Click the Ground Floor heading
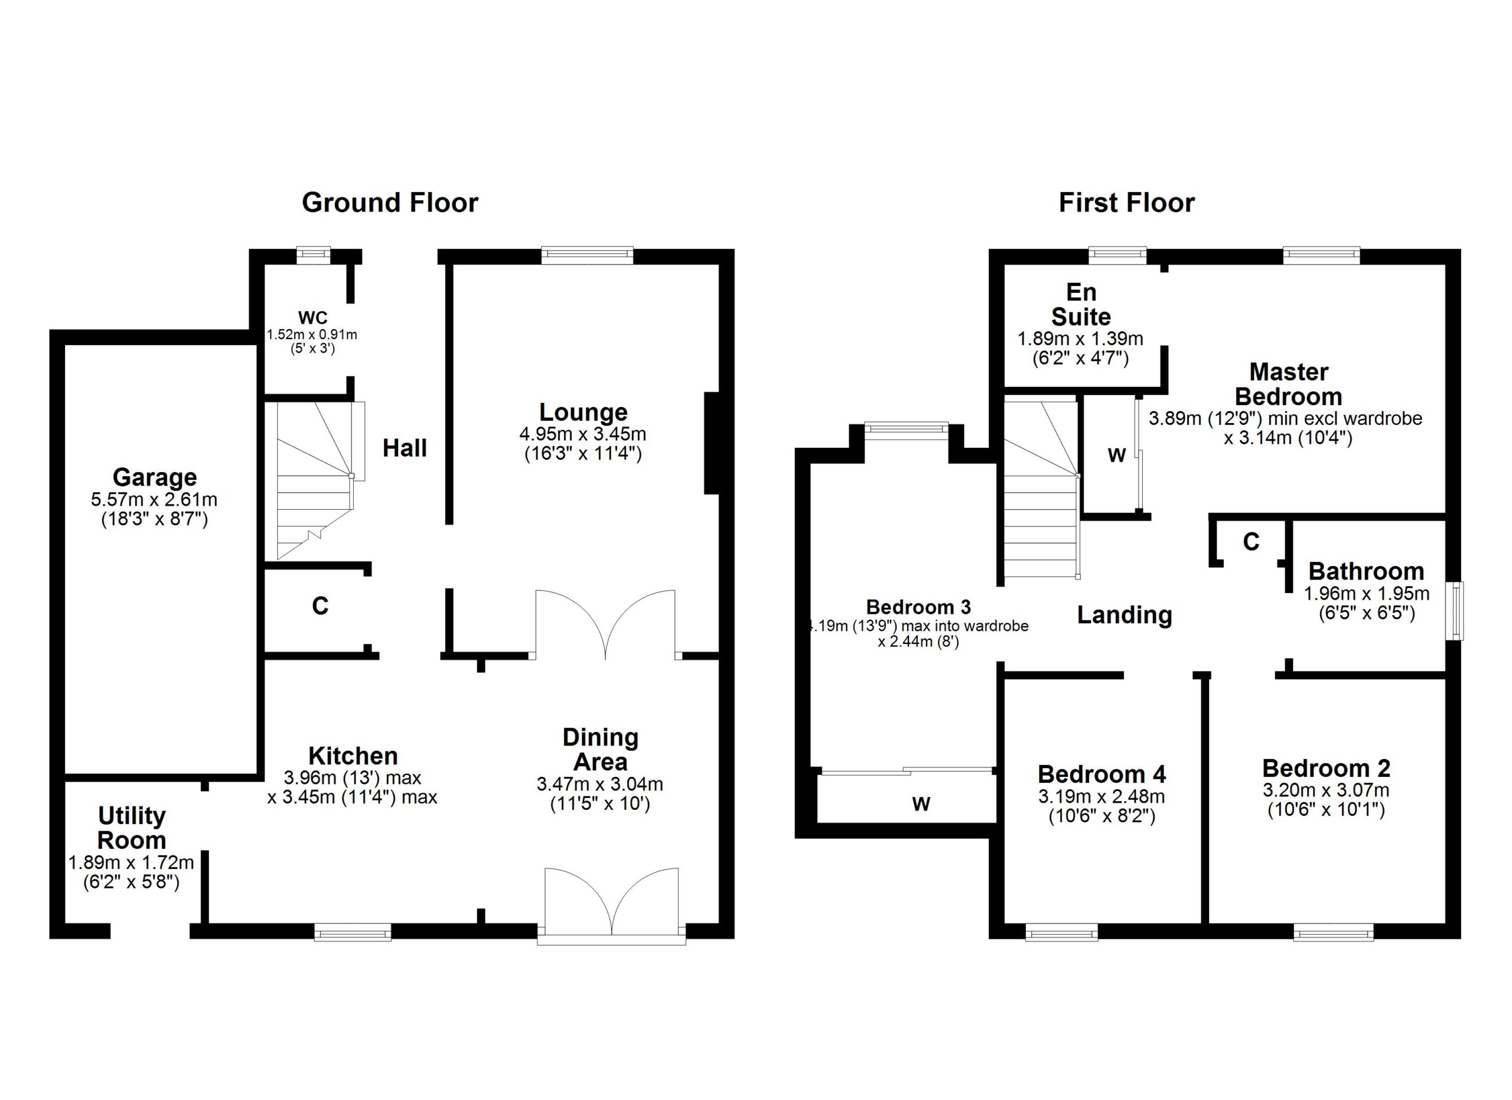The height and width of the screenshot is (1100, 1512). tap(390, 203)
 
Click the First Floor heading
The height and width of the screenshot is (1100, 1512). tap(1127, 203)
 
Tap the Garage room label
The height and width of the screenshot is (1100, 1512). tap(155, 477)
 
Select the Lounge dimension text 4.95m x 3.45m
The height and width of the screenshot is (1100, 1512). tap(583, 434)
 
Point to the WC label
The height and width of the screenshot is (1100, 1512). tap(312, 317)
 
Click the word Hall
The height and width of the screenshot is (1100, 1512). tap(405, 448)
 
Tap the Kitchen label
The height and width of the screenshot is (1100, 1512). tap(353, 756)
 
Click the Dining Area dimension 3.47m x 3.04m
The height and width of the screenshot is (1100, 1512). tap(600, 784)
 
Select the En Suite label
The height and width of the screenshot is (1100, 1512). tap(1081, 304)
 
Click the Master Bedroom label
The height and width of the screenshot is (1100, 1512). tap(1289, 383)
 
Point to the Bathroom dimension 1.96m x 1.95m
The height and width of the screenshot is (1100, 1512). tap(1367, 593)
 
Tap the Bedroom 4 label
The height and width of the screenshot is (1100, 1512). tap(1102, 774)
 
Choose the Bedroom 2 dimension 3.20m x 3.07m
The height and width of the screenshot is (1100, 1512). tap(1326, 790)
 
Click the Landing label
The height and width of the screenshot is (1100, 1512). tap(1125, 614)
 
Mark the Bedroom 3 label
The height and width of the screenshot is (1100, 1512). tap(918, 607)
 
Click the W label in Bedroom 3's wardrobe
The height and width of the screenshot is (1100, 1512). tap(921, 804)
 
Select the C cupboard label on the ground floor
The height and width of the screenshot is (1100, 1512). tap(320, 606)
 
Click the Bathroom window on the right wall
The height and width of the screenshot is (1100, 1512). tap(1454, 611)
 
